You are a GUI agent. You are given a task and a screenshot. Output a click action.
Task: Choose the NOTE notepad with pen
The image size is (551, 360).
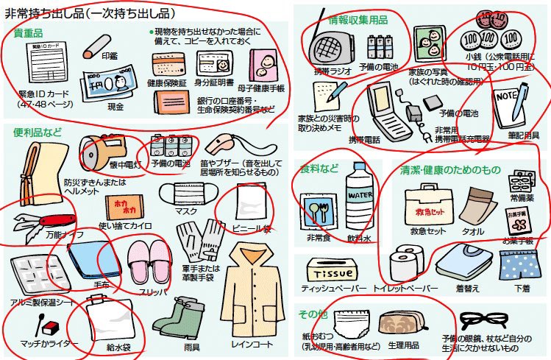click(x=508, y=102)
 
